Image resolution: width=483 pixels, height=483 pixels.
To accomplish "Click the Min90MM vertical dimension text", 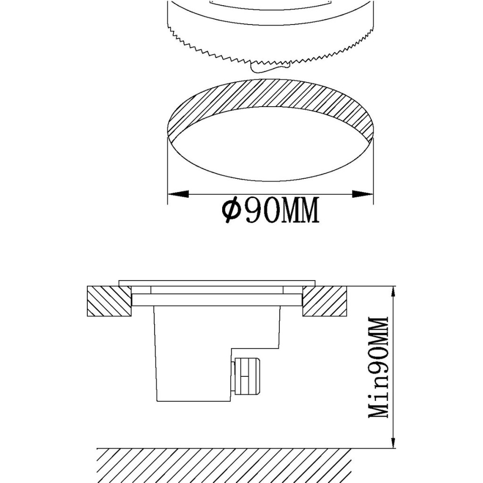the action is tap(378, 367).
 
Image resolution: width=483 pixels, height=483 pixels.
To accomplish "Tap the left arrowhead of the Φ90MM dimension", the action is tap(178, 194).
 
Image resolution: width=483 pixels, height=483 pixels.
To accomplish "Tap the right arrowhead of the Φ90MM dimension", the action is tap(363, 194).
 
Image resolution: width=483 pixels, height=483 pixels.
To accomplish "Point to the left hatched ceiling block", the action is tap(109, 301).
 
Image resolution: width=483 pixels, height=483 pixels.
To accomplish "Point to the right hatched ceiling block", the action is tap(325, 301).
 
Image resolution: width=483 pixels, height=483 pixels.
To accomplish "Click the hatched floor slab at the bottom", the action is tap(224, 466).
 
